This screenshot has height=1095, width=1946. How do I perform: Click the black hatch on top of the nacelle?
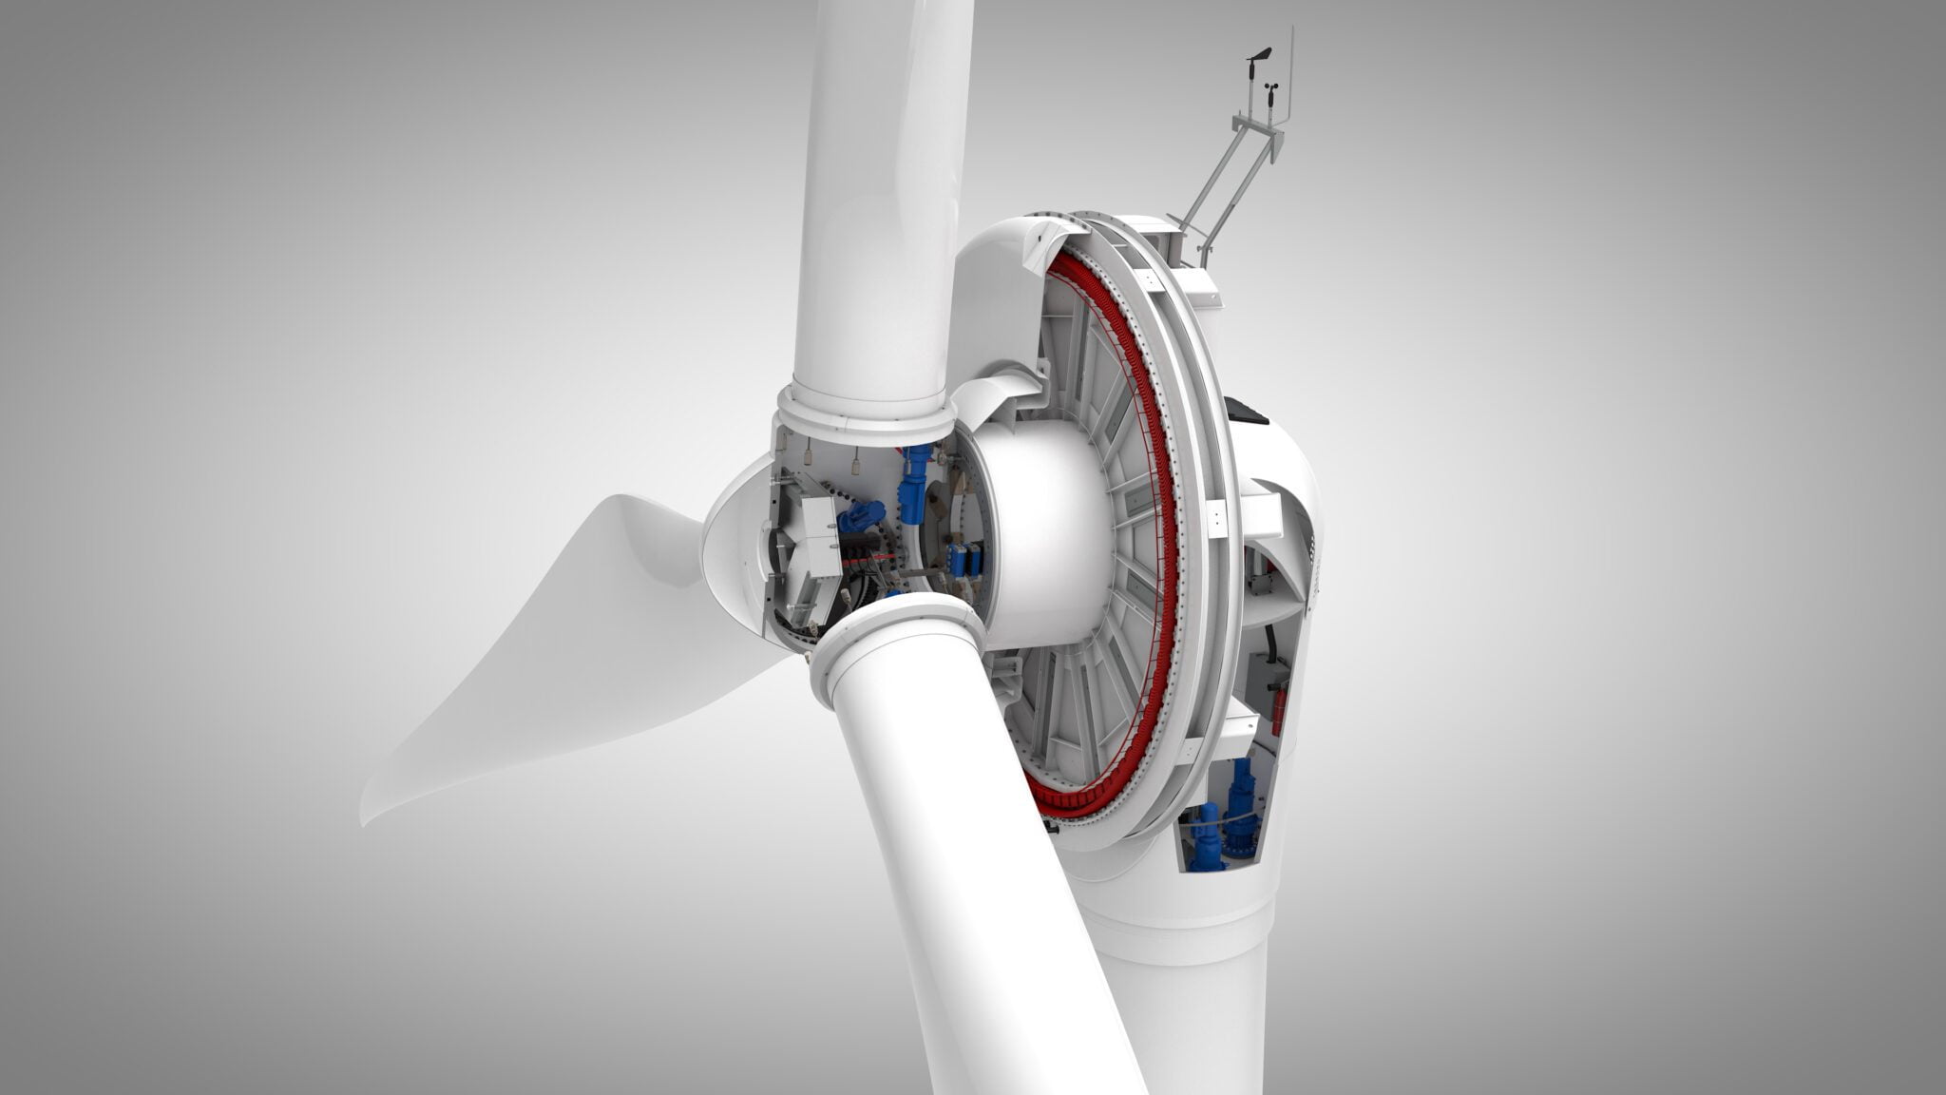point(1247,410)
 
